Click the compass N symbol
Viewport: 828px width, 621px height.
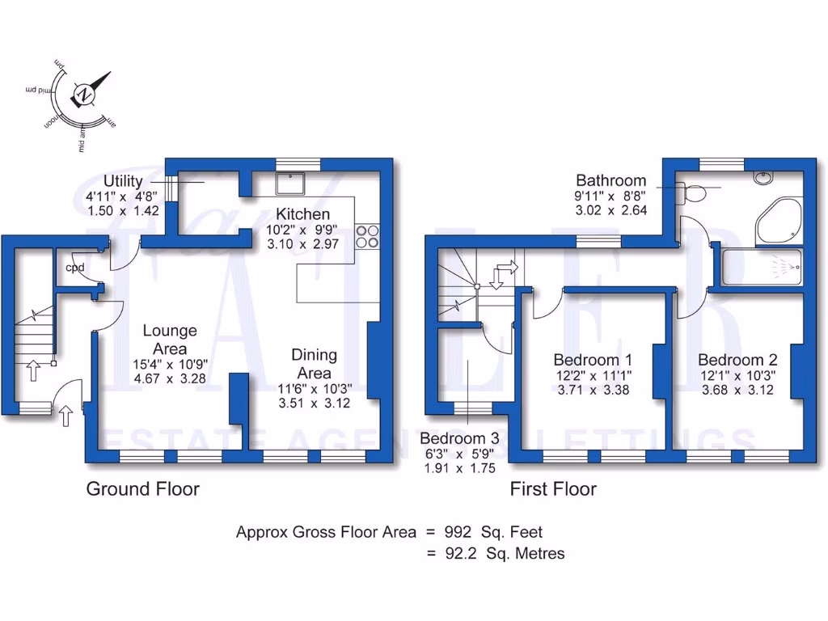(84, 95)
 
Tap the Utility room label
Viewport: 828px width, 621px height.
(123, 180)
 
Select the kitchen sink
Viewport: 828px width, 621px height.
(289, 184)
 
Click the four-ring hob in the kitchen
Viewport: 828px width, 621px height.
(367, 234)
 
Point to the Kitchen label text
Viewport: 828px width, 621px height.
(303, 214)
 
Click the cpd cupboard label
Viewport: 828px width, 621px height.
(75, 268)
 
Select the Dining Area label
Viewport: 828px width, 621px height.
(315, 364)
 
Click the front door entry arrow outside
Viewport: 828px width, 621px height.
(66, 416)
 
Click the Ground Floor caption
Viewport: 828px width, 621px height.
(142, 488)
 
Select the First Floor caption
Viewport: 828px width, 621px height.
(553, 488)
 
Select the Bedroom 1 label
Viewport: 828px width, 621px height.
(593, 360)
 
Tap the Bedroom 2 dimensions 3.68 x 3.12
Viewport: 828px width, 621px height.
(737, 390)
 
